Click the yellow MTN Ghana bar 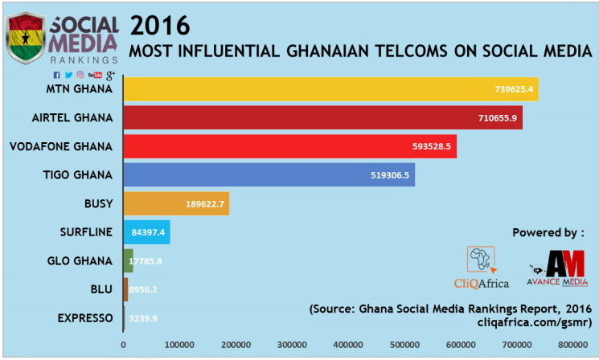tap(330, 89)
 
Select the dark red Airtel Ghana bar tap(322, 118)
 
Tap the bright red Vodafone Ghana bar tap(289, 146)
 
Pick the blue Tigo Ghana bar tap(269, 174)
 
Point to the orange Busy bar tap(176, 203)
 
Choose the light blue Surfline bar tap(146, 232)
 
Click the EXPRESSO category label tap(85, 318)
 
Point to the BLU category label tap(101, 289)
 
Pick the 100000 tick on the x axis tap(179, 345)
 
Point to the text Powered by tap(548, 233)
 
